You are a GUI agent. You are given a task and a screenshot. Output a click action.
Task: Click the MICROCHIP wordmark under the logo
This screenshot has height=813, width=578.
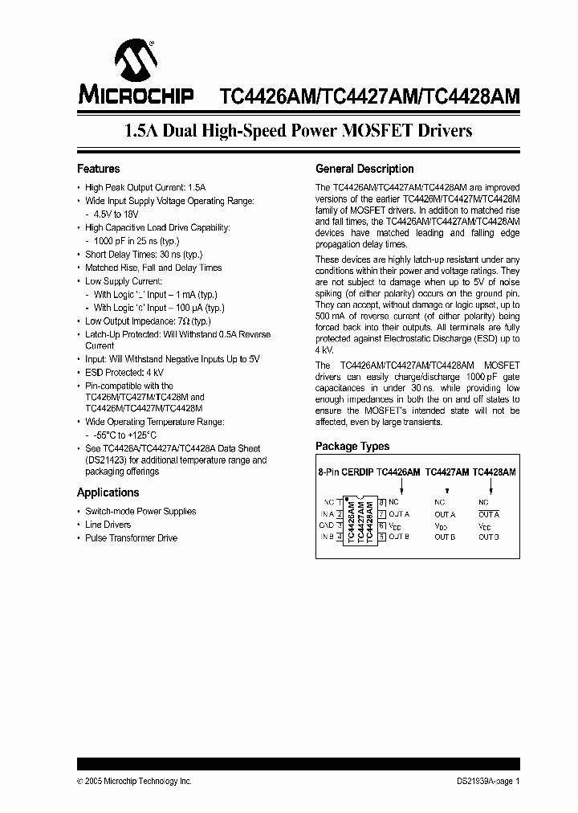[136, 96]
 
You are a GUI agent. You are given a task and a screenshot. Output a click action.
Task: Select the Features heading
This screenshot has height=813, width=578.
[99, 169]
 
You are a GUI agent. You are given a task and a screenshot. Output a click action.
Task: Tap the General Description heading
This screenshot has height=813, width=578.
[364, 169]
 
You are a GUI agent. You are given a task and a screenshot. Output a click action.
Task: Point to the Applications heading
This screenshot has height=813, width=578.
[108, 492]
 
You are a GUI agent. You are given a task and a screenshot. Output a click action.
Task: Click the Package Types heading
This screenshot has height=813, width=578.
[352, 446]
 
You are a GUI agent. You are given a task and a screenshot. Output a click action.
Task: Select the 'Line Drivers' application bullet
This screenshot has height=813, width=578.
[108, 525]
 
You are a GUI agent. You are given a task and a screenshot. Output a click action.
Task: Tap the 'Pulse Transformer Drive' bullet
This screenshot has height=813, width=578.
[131, 537]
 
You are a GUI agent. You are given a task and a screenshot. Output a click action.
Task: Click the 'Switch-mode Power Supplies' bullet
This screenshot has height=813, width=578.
[140, 511]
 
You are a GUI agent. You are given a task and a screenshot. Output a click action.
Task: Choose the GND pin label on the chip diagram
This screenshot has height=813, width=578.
[327, 525]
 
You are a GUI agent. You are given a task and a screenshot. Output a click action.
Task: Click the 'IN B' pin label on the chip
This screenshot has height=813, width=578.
[327, 537]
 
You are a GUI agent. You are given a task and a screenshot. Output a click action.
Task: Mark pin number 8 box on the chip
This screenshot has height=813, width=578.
[382, 502]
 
